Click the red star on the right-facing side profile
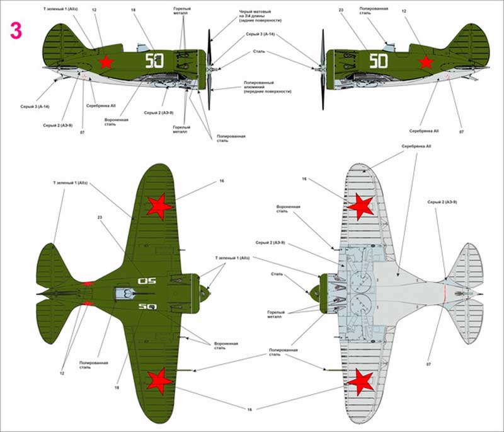point(106,62)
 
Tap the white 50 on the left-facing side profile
point(378,61)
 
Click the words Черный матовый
point(255,12)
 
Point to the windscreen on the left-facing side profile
point(389,45)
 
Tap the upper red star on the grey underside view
point(361,204)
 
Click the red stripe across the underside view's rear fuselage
point(444,293)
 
